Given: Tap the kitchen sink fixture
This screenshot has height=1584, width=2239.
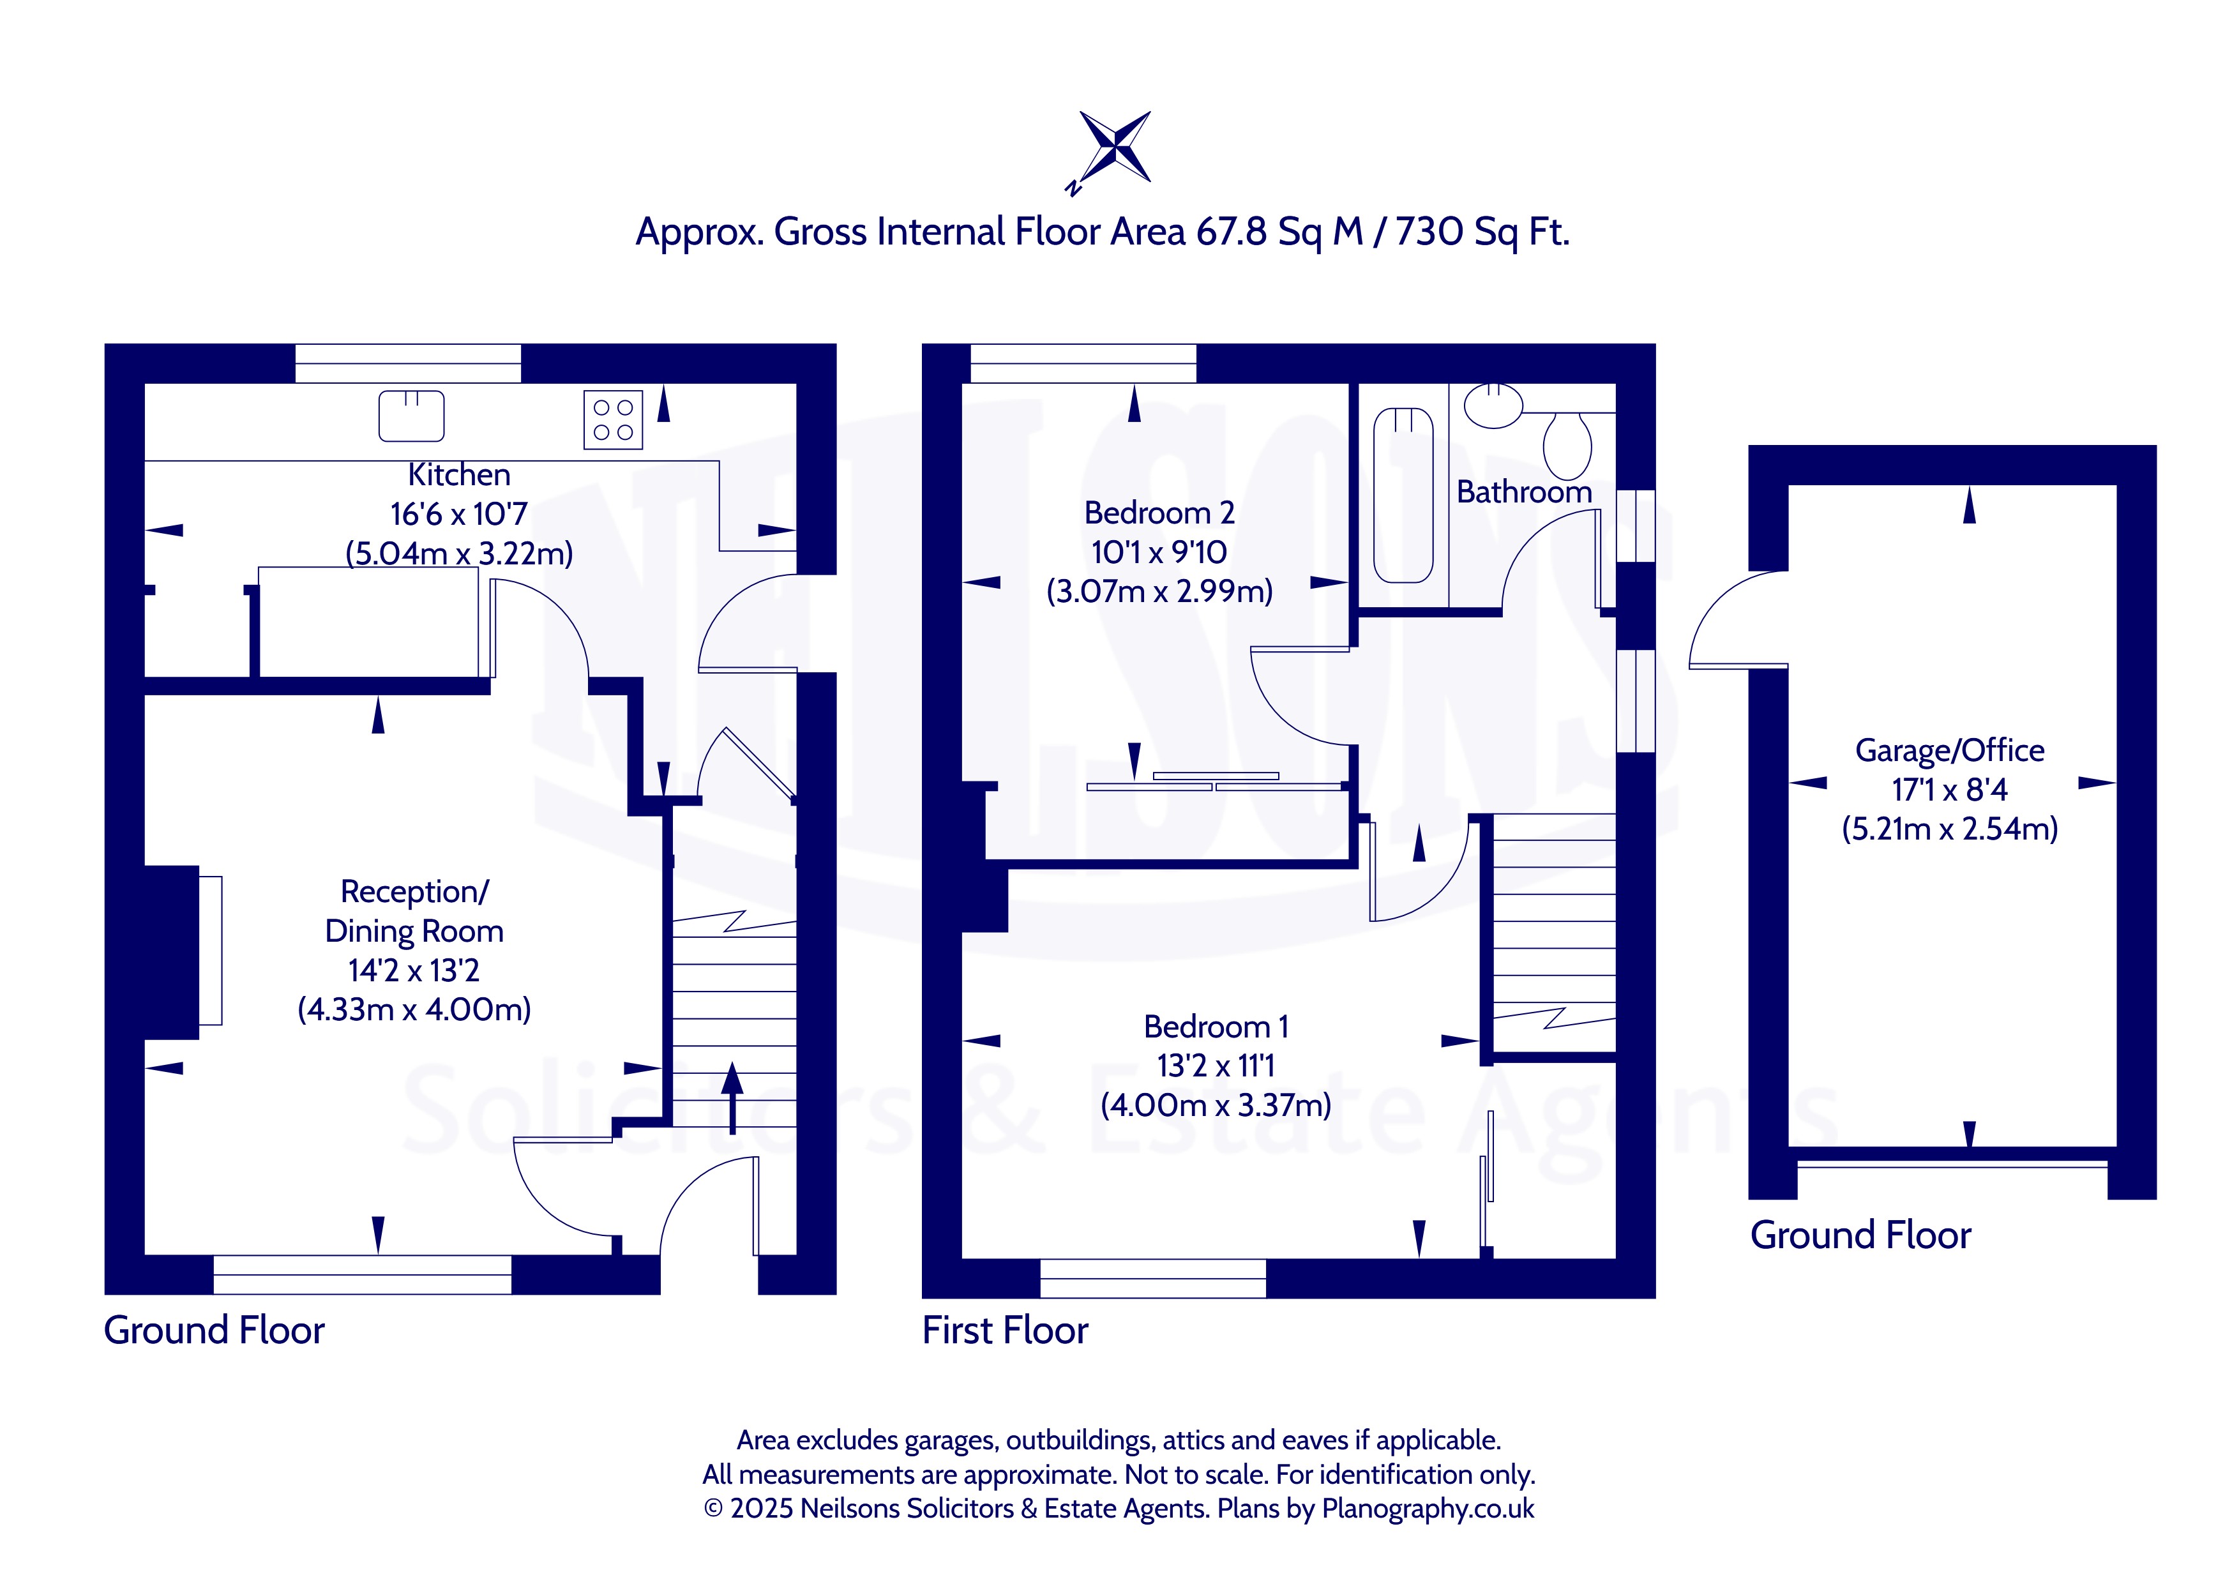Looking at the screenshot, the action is [412, 416].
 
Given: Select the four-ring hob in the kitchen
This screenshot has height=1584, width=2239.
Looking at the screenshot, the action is [614, 419].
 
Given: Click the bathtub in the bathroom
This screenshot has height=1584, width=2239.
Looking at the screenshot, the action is [1403, 495].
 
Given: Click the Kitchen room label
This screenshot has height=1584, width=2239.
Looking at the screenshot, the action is [459, 475].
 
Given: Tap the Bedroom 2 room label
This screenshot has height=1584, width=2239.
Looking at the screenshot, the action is [1159, 513].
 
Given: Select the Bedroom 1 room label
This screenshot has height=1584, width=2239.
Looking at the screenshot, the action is [1216, 1027].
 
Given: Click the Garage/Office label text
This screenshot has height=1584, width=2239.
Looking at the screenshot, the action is [1949, 751].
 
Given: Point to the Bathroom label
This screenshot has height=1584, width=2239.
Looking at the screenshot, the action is [1524, 492].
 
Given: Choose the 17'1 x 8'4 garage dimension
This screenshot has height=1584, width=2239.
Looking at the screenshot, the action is [1949, 790].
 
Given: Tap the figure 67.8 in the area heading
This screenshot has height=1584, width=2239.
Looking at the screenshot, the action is [1232, 232].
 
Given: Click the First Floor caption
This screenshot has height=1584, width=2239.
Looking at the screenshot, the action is [1006, 1331].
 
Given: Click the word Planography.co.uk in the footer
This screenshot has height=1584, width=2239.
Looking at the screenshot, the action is [1428, 1509].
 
